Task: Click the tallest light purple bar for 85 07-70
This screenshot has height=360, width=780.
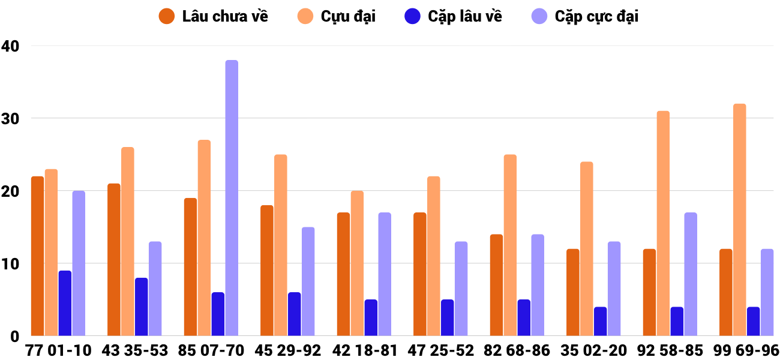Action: coord(232,198)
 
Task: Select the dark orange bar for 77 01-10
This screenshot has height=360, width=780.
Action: coord(38,256)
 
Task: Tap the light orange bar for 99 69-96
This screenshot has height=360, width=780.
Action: coord(740,220)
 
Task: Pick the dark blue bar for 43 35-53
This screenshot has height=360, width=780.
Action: coord(142,307)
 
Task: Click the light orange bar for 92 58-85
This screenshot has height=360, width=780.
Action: coord(663,224)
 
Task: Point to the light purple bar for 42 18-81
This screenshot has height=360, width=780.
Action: coord(385,274)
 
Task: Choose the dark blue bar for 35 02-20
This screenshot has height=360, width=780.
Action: coord(601,322)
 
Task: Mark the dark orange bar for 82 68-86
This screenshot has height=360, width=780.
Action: coord(497,285)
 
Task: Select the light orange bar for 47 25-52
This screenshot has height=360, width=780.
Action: coord(434,256)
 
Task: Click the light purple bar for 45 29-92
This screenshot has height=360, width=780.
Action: coord(308,281)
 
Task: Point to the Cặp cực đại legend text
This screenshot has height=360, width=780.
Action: coord(596,16)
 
